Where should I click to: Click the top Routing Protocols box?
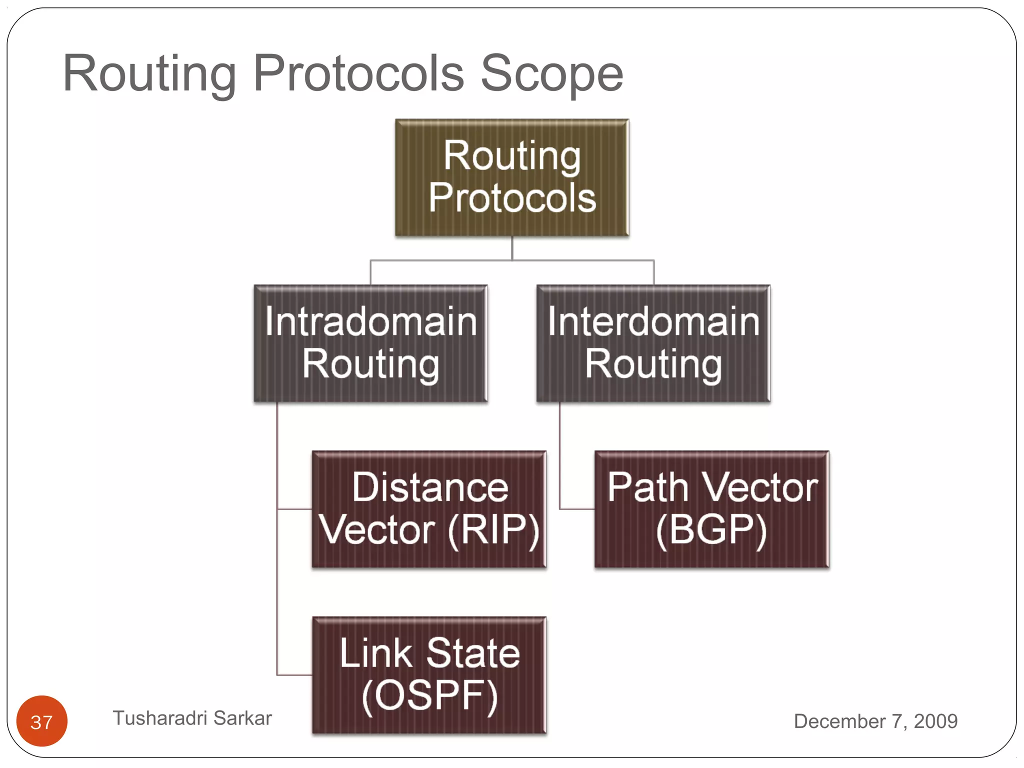511,177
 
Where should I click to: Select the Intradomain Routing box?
370,343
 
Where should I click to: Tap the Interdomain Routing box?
653,343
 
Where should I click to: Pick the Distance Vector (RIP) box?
429,509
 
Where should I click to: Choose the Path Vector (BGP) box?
711,509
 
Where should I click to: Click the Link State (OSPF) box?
429,675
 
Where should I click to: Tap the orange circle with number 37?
41,721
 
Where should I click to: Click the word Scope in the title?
551,73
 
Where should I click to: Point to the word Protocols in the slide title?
358,73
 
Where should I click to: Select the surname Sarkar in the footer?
242,718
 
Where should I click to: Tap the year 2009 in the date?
935,721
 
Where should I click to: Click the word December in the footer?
839,721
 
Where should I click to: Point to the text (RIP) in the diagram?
493,530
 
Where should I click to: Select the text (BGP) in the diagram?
711,530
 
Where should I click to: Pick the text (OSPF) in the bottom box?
429,696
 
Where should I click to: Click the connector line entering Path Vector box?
576,509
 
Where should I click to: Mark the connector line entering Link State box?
294,675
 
